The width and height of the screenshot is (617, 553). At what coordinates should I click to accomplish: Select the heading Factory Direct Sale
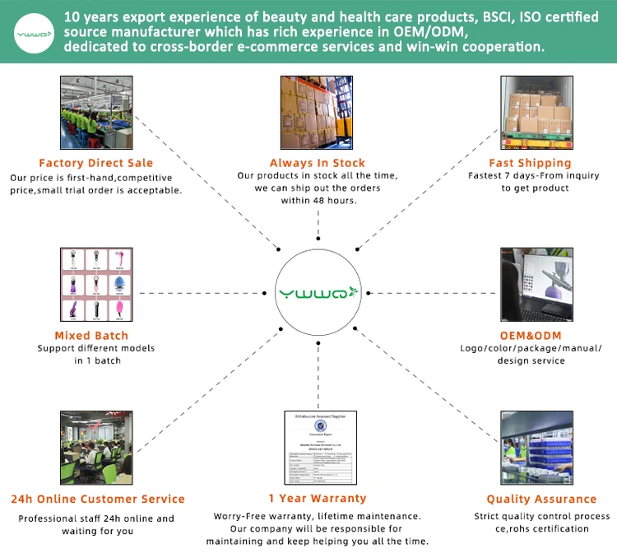(x=95, y=163)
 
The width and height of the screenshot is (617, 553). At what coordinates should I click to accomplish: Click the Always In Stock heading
(x=318, y=163)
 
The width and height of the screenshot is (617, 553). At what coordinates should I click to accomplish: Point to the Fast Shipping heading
(x=530, y=163)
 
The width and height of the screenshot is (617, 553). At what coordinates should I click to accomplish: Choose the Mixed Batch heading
(x=91, y=335)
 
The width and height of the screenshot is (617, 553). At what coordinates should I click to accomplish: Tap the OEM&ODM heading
(x=530, y=335)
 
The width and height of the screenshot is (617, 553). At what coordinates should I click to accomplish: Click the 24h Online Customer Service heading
(x=97, y=499)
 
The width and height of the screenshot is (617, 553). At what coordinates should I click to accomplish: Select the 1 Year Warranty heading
(x=317, y=499)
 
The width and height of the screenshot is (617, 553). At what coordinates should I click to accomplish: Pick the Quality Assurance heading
(x=541, y=499)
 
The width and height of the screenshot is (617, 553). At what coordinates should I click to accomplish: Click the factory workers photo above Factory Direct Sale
(x=95, y=111)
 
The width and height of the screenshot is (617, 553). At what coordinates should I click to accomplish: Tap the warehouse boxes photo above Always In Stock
(x=318, y=111)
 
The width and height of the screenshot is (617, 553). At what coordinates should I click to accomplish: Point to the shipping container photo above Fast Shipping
(x=536, y=111)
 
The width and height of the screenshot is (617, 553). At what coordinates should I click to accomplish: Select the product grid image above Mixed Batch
(x=97, y=284)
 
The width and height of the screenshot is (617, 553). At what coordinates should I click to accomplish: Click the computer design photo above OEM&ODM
(x=536, y=284)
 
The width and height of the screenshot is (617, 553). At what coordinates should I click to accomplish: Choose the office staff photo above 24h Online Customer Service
(x=95, y=447)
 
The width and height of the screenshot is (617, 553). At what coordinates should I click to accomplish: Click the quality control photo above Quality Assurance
(x=536, y=447)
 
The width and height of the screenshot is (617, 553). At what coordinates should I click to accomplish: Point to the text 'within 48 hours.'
(x=318, y=201)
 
